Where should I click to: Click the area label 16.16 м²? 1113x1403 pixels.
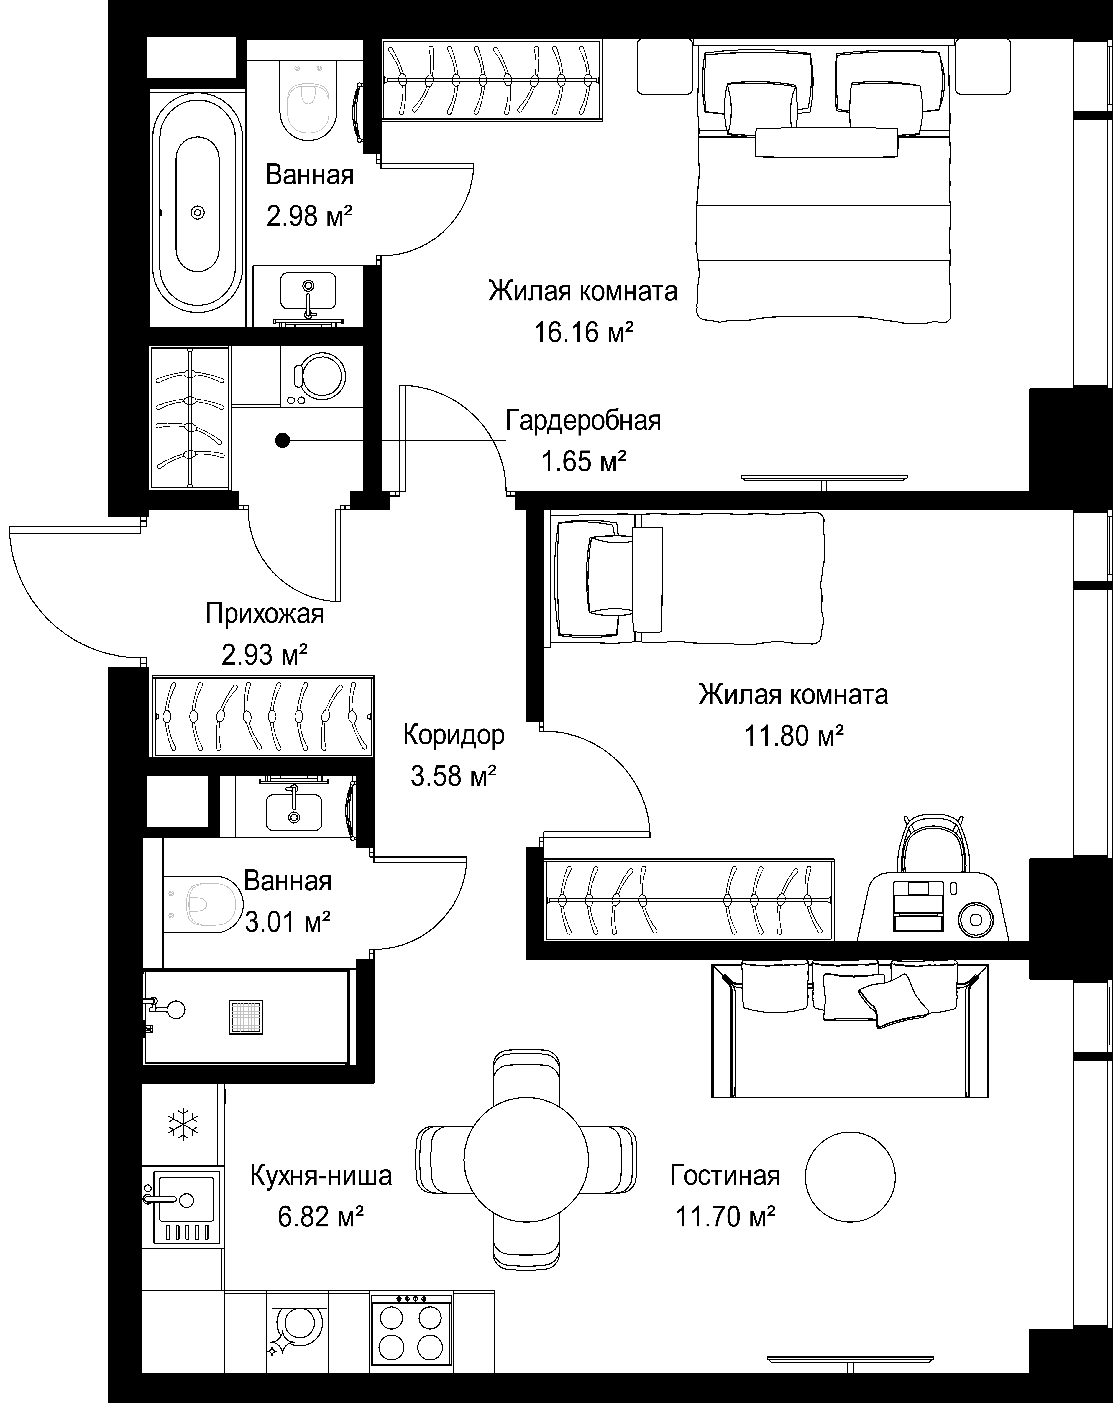tap(584, 332)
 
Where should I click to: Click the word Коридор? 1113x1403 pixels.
tap(454, 735)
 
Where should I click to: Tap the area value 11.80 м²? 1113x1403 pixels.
tap(794, 736)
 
